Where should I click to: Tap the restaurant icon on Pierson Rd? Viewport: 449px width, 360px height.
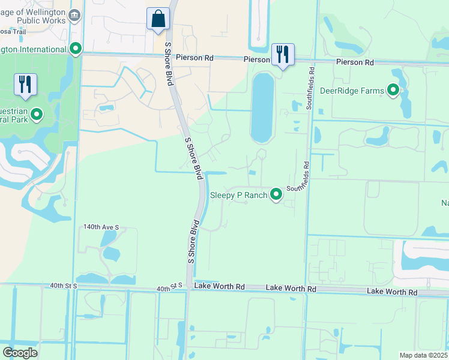282,55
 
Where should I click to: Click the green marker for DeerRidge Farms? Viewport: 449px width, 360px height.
394,90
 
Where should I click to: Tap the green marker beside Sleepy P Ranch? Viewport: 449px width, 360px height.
276,194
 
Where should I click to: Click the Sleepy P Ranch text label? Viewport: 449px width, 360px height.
238,195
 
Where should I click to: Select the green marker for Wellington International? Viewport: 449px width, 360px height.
76,49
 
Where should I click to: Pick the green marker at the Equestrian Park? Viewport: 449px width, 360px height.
37,114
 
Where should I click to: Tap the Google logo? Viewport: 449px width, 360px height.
20,352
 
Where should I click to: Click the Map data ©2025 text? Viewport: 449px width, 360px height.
423,355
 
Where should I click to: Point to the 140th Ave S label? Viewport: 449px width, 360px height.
101,227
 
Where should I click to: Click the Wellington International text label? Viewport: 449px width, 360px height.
32,49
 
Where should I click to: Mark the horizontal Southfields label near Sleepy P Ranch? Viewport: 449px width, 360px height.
300,188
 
